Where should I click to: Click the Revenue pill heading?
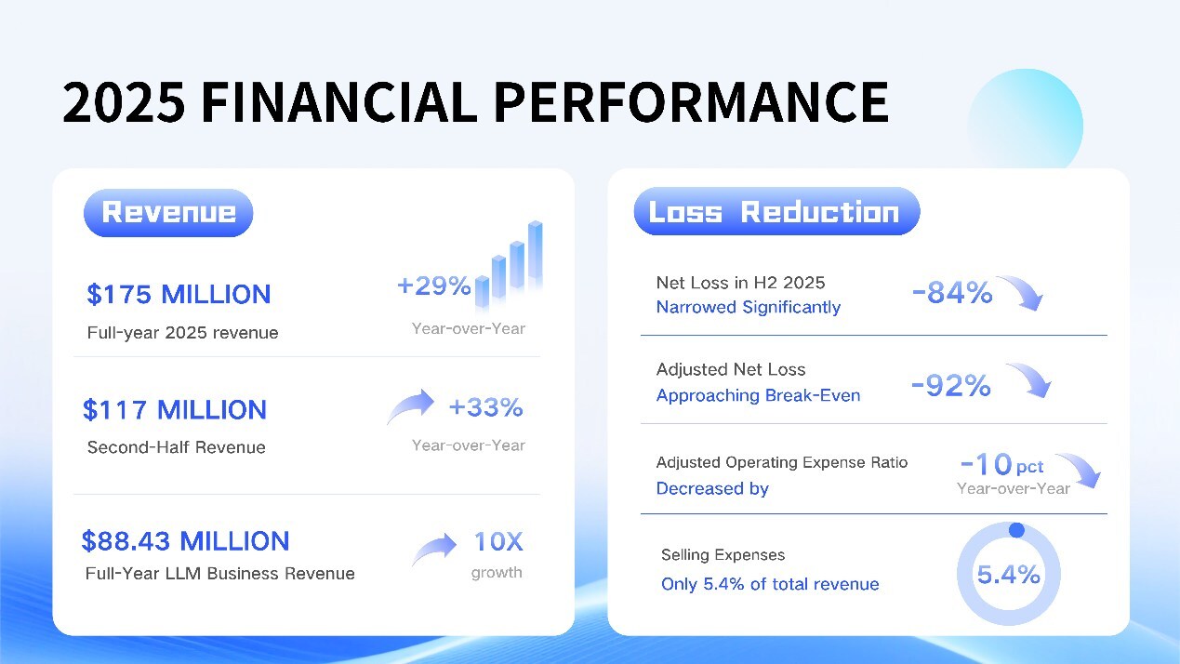[x=168, y=212]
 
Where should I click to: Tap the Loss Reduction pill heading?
[x=776, y=212]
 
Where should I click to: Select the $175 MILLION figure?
[x=179, y=295]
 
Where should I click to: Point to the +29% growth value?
[x=433, y=286]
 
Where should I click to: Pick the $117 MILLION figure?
[x=175, y=410]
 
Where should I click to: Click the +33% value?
[x=485, y=407]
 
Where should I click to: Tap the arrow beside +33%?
[x=410, y=406]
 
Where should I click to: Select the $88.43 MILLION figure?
[x=185, y=541]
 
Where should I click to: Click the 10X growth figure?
[x=498, y=541]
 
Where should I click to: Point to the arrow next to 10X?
[x=434, y=549]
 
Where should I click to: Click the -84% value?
[x=952, y=294]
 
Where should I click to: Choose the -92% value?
[x=950, y=386]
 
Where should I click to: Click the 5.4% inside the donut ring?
[x=1008, y=574]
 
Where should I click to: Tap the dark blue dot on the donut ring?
[x=1016, y=530]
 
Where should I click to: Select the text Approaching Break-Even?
[x=758, y=395]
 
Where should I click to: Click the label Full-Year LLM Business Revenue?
[x=219, y=574]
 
